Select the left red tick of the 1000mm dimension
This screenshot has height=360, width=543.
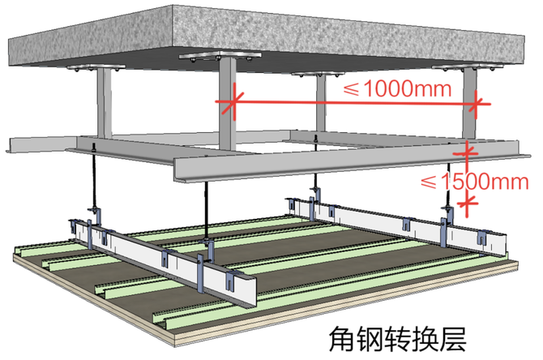tap(230, 101)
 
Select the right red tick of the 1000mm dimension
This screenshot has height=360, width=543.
tap(477, 103)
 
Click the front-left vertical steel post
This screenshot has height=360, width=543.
tap(102, 105)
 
